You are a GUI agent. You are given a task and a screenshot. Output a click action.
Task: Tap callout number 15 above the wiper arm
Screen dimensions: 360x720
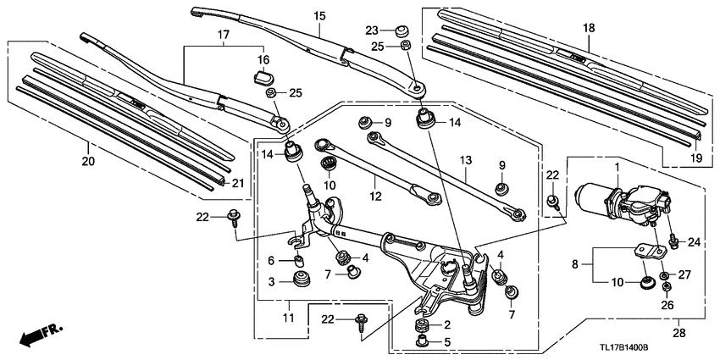318,16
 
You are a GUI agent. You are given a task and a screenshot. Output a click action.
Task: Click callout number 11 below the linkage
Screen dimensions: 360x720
288,318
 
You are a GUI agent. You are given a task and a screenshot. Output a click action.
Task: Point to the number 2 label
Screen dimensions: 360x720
447,324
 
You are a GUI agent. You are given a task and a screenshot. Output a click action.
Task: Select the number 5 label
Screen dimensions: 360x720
447,343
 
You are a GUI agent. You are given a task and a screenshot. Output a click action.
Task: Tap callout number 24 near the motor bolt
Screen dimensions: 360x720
695,242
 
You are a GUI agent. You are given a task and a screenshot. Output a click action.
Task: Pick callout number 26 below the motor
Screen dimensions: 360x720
666,305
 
